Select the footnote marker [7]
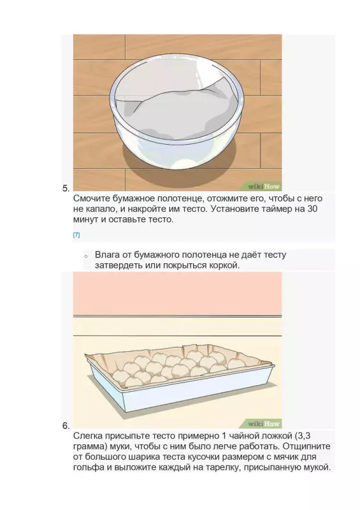click(76, 235)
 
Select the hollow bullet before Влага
click(85, 256)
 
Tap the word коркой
click(222, 265)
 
